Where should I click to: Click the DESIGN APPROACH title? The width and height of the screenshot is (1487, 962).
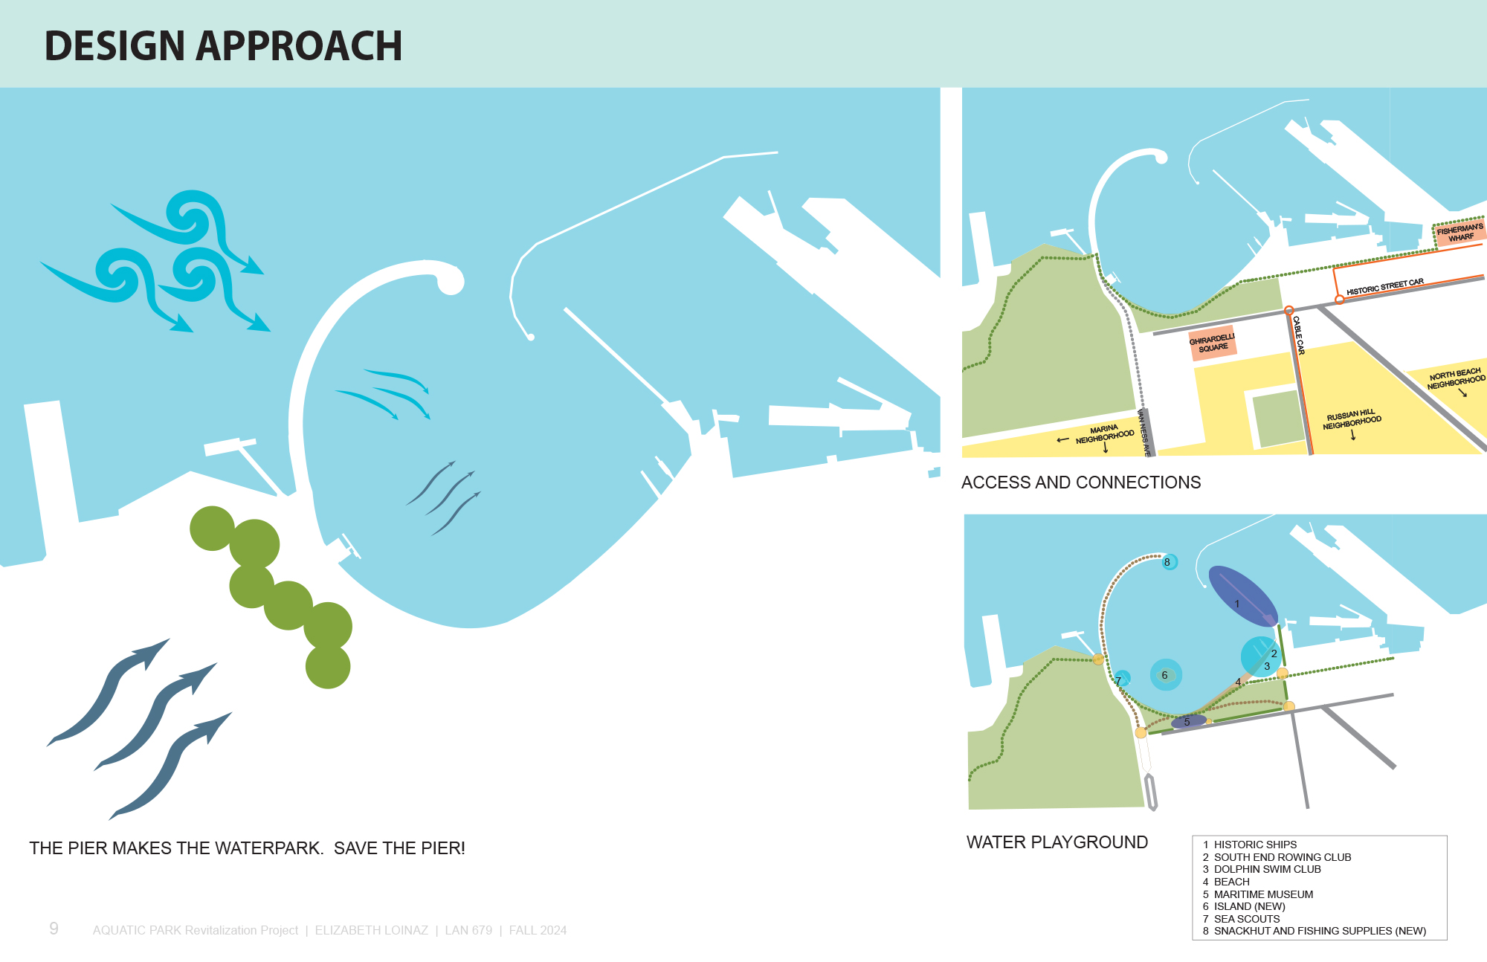click(223, 46)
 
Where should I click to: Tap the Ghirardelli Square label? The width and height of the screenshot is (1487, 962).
click(1212, 343)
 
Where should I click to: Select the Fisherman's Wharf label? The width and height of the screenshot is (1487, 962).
click(1460, 233)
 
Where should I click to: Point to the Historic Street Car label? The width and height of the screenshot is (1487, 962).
click(1385, 286)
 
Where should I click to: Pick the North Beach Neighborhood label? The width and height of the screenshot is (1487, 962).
click(1456, 378)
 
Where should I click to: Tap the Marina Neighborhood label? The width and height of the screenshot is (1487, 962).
click(1105, 434)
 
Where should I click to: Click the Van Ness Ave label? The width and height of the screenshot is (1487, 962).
click(1144, 433)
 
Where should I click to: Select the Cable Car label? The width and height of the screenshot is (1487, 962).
click(1298, 335)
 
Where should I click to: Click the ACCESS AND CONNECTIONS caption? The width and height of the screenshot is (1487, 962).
click(1081, 482)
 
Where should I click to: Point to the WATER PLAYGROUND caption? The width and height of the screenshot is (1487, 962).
click(1057, 842)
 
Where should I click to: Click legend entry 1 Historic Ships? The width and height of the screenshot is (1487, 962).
click(1250, 845)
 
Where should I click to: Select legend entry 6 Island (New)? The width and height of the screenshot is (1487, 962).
click(1244, 906)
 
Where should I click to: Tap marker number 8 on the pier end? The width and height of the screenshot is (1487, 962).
click(1168, 562)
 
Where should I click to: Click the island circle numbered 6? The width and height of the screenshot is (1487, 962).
click(1165, 675)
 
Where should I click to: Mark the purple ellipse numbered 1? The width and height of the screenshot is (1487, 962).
click(1242, 596)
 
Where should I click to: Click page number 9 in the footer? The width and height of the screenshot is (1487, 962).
click(54, 929)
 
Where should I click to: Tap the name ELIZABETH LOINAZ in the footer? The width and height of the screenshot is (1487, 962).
click(372, 930)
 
